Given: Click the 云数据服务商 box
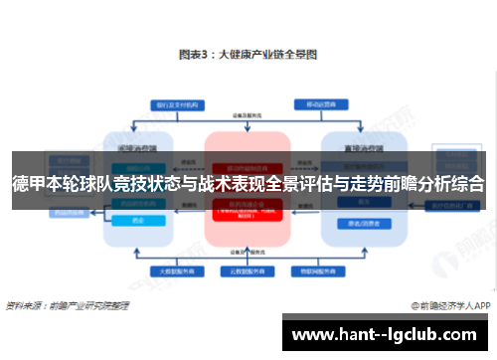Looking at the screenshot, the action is coord(248,270).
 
